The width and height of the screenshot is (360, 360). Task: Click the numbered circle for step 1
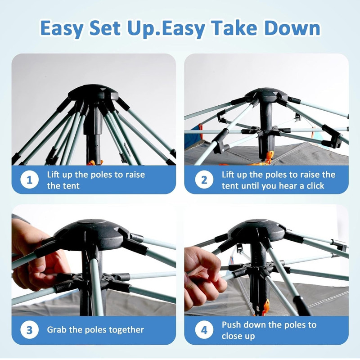(29, 180)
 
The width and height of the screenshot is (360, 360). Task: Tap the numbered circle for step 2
(204, 180)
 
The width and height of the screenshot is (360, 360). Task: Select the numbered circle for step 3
(29, 330)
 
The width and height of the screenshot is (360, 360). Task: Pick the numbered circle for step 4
(204, 330)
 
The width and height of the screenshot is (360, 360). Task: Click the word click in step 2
(315, 185)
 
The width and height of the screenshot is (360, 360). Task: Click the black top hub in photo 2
(266, 95)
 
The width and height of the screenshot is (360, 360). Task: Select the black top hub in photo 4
(257, 230)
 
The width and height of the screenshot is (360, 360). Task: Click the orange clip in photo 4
(265, 307)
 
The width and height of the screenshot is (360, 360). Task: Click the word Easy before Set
(62, 28)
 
